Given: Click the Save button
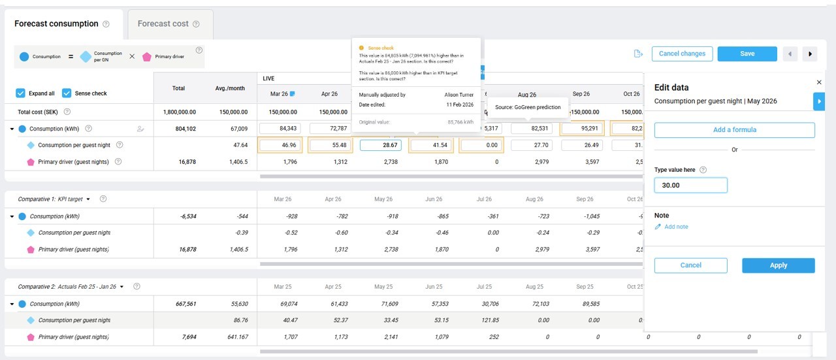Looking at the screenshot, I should coord(747,54).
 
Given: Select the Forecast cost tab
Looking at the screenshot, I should coord(163,24).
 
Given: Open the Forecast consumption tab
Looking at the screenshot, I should coord(56,24).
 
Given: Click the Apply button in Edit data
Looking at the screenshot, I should coord(778,265).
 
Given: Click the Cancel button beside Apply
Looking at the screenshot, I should coord(690,265).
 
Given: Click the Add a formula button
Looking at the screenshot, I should coord(734,130).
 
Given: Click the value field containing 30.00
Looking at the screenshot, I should coord(690,186).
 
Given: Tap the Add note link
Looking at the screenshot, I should coord(676,227).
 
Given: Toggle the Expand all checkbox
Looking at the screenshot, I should coord(21,93).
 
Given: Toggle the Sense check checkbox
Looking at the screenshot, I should coord(67,93).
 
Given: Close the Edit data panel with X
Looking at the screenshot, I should coord(819,82).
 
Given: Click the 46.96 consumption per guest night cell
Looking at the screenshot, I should coord(281,145).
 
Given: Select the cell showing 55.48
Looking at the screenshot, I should coord(330,145).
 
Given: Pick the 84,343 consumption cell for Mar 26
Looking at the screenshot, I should coord(281,129).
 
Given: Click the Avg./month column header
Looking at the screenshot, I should coord(229,88).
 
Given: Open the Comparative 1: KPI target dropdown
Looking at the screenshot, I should coord(88,199).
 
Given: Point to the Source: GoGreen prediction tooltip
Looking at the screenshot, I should coord(528,107).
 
